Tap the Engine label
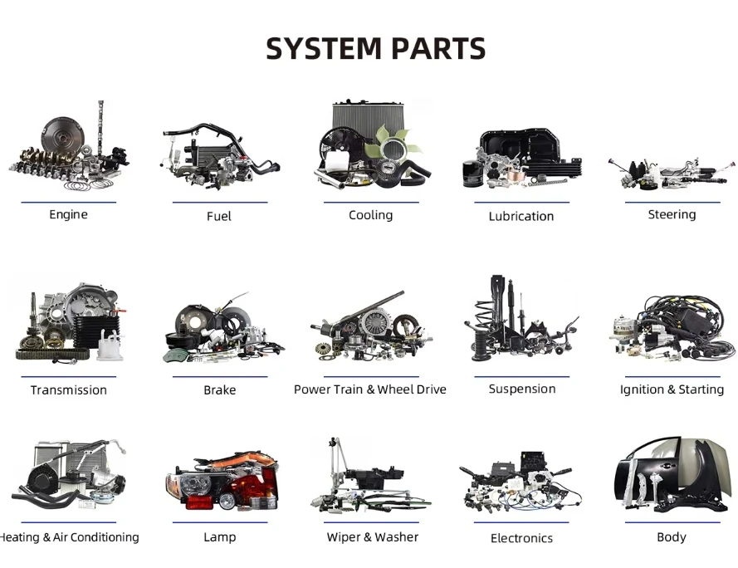click(x=68, y=215)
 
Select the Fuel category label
click(x=219, y=216)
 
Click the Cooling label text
click(x=370, y=215)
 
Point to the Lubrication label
click(x=521, y=216)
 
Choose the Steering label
click(x=672, y=215)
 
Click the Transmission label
click(x=69, y=390)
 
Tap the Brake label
click(x=220, y=390)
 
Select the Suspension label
click(x=522, y=389)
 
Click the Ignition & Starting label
click(x=672, y=389)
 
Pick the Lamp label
click(x=220, y=537)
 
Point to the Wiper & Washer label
click(x=372, y=537)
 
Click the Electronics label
click(x=521, y=538)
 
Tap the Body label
click(x=672, y=537)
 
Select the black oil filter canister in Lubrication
click(x=472, y=174)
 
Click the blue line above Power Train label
click(x=371, y=377)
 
